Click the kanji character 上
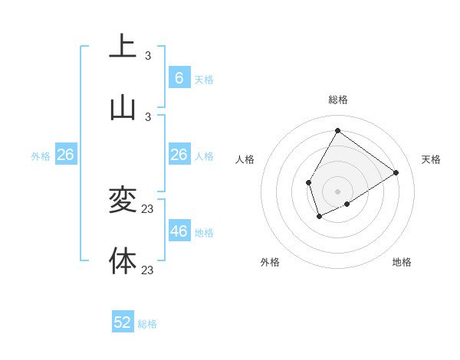(x=123, y=47)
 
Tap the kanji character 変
(x=123, y=200)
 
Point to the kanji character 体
(x=123, y=261)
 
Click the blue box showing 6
(x=179, y=77)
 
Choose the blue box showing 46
(x=179, y=231)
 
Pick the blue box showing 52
(x=123, y=322)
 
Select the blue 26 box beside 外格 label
(x=66, y=155)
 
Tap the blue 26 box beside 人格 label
(x=179, y=155)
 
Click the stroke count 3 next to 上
(x=148, y=55)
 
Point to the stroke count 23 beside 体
(x=148, y=270)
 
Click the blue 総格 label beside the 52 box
(x=147, y=324)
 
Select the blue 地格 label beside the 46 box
(x=204, y=233)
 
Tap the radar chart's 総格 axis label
(x=337, y=100)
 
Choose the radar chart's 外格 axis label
(x=270, y=262)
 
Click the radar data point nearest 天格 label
(x=396, y=172)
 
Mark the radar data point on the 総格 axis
(x=337, y=130)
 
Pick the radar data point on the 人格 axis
(x=308, y=182)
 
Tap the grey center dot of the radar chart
(x=337, y=191)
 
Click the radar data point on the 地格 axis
(x=347, y=204)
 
